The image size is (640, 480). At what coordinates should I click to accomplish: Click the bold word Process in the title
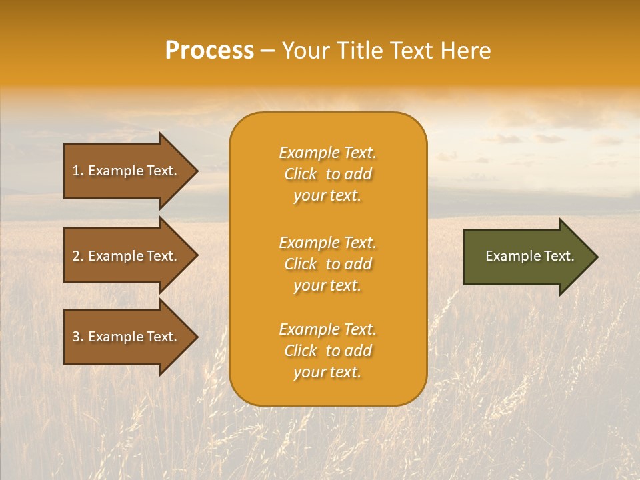point(209,51)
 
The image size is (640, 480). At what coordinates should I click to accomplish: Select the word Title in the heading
point(358,51)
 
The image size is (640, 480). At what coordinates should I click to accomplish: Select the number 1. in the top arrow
point(78,171)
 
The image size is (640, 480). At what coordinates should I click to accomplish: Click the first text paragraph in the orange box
point(327,174)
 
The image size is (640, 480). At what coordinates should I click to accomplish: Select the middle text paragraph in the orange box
point(327,264)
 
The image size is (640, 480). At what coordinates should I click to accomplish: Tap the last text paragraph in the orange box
point(327,351)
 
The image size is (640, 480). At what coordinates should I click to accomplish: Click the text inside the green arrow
point(529,256)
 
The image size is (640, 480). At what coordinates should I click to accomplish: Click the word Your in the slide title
point(305,51)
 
